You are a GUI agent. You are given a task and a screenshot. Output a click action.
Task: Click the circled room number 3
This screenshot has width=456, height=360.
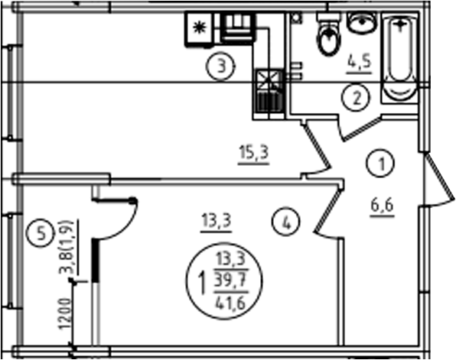click(221, 66)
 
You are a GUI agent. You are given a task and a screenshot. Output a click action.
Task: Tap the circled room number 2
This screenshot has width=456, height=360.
click(357, 98)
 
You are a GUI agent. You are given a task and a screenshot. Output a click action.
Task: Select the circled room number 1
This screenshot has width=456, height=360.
click(381, 164)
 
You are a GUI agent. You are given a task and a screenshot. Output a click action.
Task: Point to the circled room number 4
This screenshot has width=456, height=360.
click(286, 222)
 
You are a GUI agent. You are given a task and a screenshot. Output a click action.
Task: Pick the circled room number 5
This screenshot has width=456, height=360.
click(41, 233)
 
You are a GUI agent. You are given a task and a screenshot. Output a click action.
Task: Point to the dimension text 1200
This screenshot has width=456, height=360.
click(65, 314)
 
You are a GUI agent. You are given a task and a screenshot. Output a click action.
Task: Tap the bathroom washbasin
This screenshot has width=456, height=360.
click(361, 23)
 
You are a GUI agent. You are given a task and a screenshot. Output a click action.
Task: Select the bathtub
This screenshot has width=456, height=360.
click(400, 58)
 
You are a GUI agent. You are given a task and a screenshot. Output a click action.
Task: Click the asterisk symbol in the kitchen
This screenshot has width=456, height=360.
click(200, 28)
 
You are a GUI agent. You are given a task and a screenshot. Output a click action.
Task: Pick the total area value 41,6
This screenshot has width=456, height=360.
click(230, 303)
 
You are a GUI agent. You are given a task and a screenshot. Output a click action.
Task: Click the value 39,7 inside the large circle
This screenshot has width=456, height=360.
click(230, 281)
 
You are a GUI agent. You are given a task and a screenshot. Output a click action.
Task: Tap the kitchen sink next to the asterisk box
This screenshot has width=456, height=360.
click(238, 27)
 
